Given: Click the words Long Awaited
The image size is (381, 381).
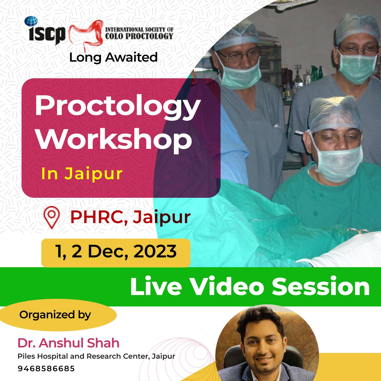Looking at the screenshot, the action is pos(113,57).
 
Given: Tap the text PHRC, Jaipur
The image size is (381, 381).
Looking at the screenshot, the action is pos(130,217).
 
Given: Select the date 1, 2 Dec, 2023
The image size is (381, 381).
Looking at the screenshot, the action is pos(116,251).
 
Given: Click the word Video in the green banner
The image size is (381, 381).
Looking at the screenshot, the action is pos(227,287).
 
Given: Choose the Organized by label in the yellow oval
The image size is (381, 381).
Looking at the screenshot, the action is pos(55,315).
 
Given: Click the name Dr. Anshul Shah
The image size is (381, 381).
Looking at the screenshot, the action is pos(68,343).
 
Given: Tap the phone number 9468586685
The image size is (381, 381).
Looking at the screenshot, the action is pos(46,369).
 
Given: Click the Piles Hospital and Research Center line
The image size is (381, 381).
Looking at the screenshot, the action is pos(96,356).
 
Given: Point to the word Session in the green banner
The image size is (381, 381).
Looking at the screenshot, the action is pos(321,287).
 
